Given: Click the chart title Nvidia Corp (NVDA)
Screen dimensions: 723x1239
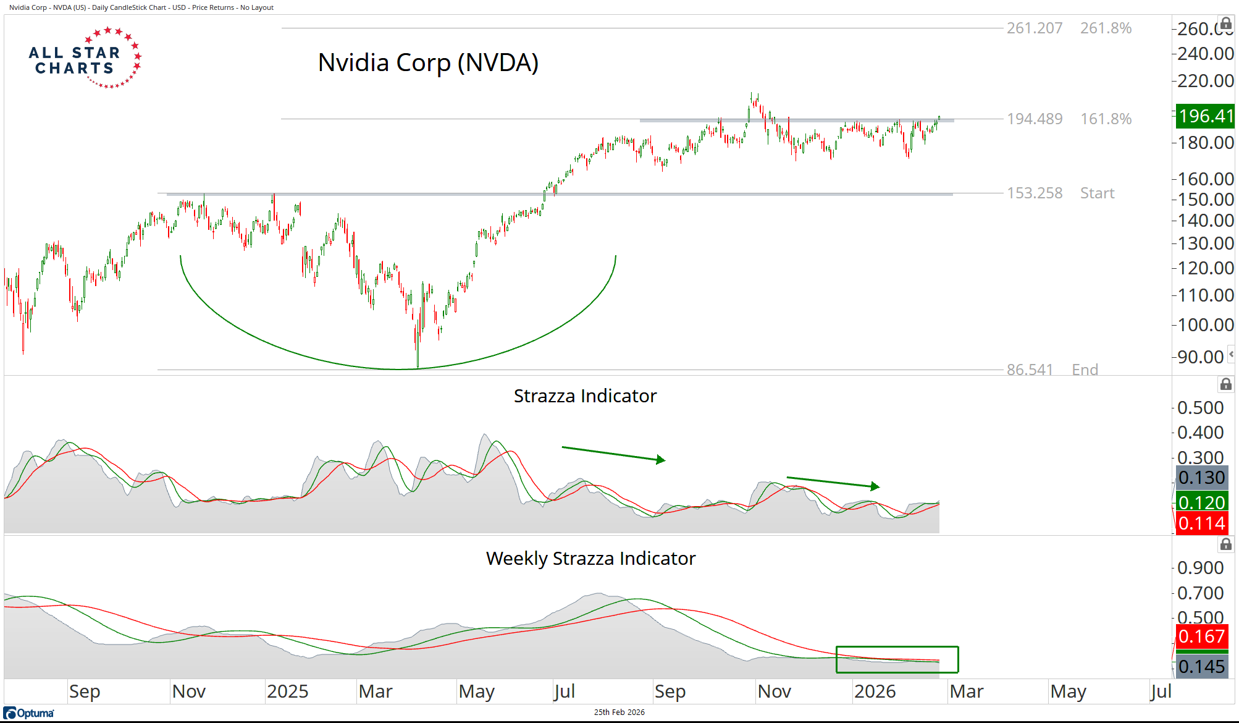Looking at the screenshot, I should [x=428, y=62].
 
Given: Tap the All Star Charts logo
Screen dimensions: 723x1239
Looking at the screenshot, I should [x=85, y=58].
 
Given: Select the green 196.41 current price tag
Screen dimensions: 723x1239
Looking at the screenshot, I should [x=1204, y=116].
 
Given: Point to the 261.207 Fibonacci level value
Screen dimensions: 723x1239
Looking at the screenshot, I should [x=1035, y=28].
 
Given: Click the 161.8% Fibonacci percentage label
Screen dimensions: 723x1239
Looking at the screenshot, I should [x=1106, y=119].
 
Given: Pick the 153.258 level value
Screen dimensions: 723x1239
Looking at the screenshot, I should [x=1035, y=193].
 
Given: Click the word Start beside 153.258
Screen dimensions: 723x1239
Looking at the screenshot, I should [x=1097, y=193].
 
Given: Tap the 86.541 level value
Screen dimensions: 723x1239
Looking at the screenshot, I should [x=1029, y=370].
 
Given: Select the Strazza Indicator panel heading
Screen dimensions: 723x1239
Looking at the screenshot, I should [x=585, y=395].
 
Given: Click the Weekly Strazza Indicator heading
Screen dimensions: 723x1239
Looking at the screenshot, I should [x=590, y=558].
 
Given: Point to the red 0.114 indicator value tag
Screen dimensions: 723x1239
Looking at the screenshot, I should [x=1201, y=523].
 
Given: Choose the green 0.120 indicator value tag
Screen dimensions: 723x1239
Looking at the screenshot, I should [x=1201, y=502].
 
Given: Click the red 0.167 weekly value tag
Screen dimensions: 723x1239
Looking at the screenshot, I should [x=1201, y=636].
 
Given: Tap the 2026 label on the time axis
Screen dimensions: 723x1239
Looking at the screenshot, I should [x=875, y=691].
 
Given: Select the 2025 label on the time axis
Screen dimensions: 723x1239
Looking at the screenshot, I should [x=287, y=691].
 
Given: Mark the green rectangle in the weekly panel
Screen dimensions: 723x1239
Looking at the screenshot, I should [x=897, y=659].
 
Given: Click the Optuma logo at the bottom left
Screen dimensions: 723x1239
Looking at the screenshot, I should [x=29, y=713].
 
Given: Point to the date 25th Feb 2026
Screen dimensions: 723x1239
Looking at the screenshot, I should [x=619, y=712].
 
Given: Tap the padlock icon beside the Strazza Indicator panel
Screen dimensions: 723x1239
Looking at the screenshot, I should [x=1225, y=384].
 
